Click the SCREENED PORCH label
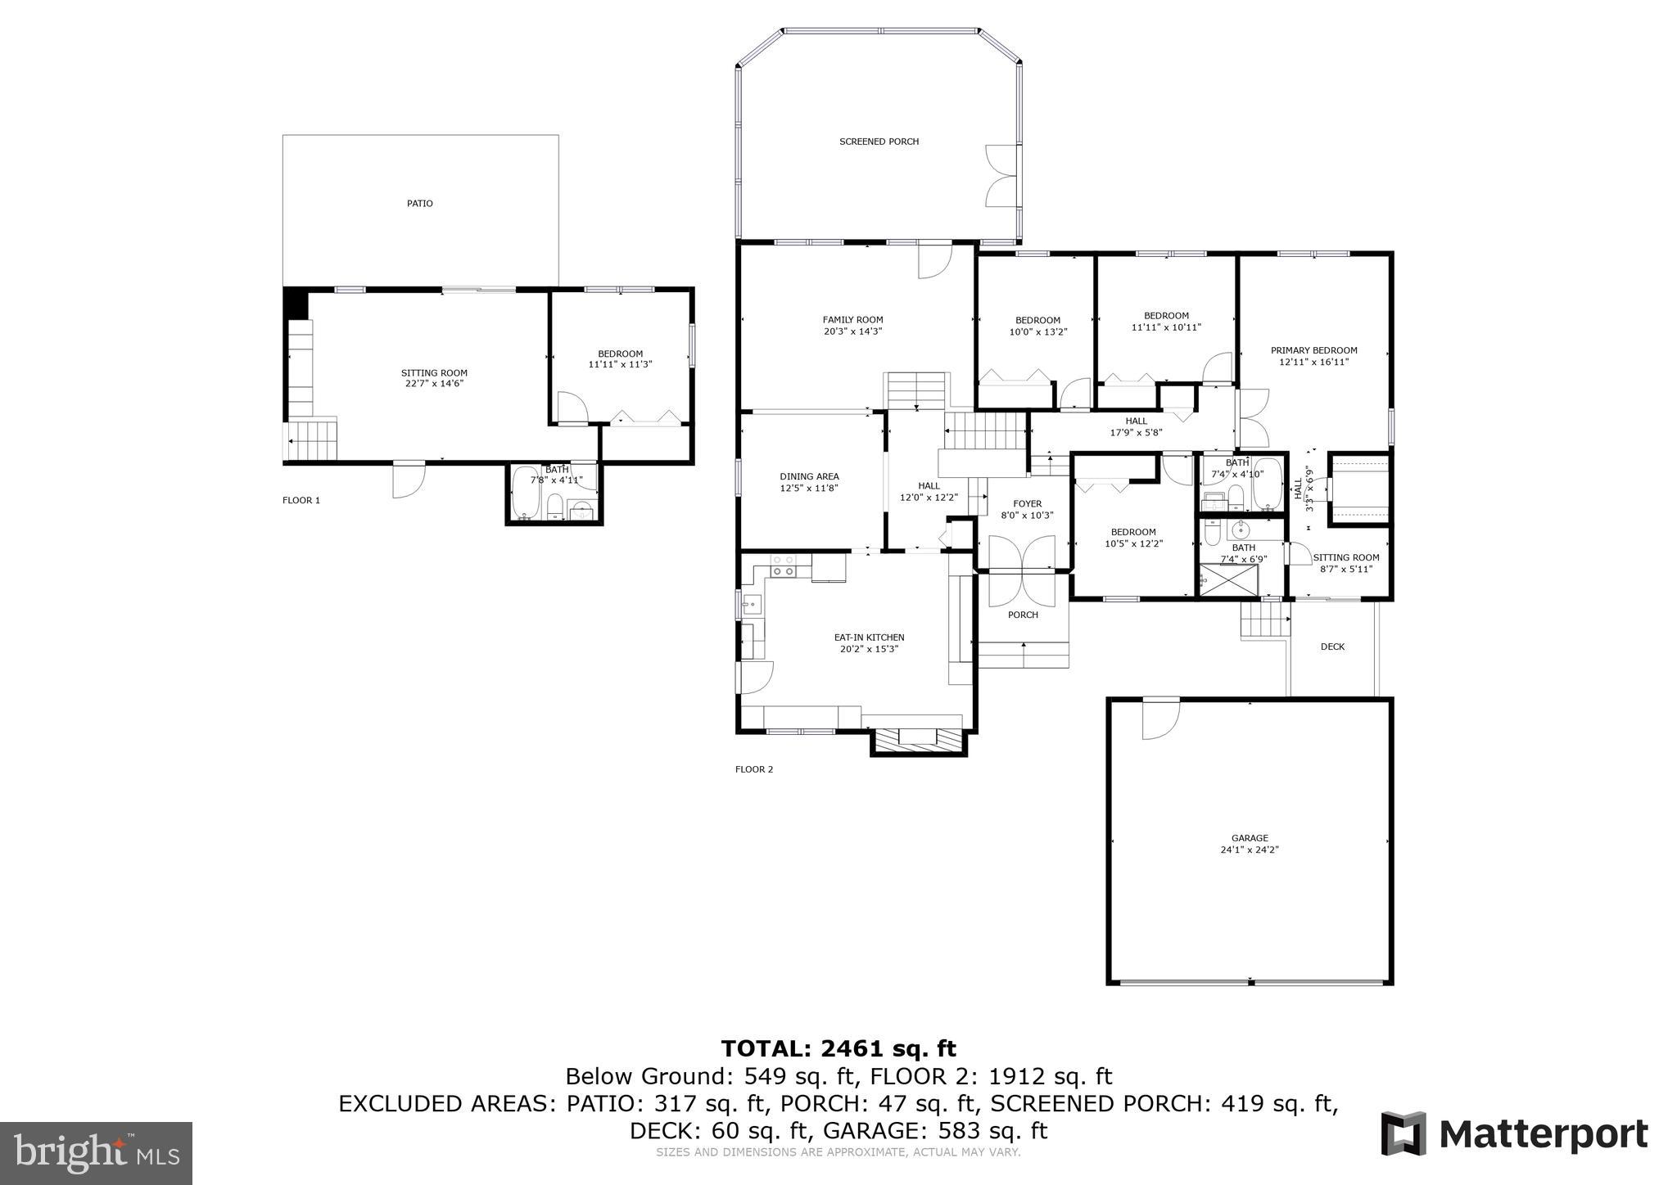pos(879,142)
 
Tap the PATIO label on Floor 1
pos(420,203)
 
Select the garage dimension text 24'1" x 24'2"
pos(1249,849)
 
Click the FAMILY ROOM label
pos(852,320)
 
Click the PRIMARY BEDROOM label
pos(1313,350)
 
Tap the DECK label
pos(1332,647)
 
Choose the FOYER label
pos(1027,504)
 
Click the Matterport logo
pos(1514,1134)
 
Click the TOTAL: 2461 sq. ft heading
pos(838,1048)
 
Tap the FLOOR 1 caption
pos(301,500)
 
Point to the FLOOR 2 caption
pos(754,769)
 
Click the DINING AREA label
pos(809,476)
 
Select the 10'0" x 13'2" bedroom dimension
pos(1037,332)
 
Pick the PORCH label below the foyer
pos(1023,615)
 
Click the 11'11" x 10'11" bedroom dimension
pos(1166,327)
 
